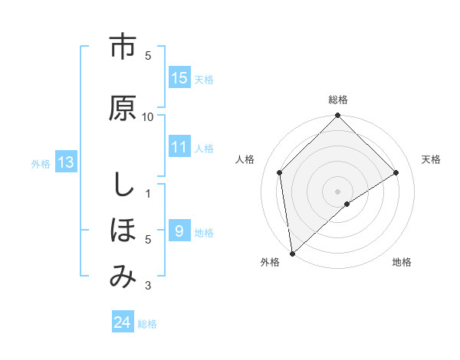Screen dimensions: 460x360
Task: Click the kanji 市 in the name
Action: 122,47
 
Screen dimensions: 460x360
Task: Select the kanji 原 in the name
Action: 122,107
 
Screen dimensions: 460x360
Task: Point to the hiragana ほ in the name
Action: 122,231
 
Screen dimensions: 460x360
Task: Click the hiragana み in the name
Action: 122,277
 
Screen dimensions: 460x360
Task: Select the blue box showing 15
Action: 179,78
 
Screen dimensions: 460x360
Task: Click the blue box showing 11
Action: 179,147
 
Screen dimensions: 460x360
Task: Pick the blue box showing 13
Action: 65,162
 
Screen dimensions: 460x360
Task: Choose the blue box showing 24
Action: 123,322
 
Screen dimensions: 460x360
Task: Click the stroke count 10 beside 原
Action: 148,116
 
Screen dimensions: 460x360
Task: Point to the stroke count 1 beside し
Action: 148,193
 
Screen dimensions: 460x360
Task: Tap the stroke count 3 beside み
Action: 148,286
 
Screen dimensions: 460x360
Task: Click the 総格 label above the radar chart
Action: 338,100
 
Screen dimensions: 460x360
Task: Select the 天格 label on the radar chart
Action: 432,159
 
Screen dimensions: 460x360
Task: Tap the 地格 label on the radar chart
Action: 402,262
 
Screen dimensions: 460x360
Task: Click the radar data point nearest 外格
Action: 292,254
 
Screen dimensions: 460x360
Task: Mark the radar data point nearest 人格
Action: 280,172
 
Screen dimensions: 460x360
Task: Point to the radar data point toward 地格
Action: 347,204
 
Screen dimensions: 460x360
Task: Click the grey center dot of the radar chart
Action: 338,191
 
